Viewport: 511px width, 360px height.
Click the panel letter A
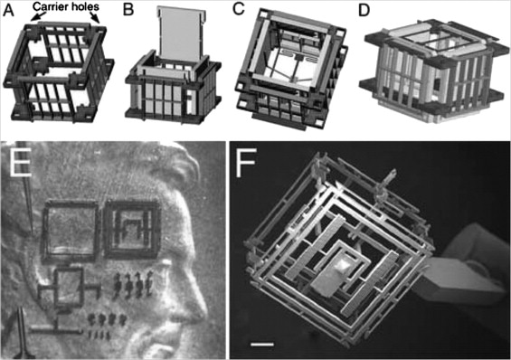(x=8, y=11)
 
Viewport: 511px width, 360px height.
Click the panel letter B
(x=128, y=11)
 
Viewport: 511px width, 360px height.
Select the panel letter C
(x=239, y=9)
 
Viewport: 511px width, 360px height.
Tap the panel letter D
(x=364, y=11)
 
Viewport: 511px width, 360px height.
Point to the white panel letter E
(x=21, y=163)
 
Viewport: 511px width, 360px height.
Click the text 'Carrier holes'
(x=67, y=6)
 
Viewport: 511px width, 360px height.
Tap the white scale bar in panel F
(x=262, y=344)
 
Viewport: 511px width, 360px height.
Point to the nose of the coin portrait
(x=200, y=307)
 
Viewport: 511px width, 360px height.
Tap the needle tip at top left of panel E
(x=31, y=231)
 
